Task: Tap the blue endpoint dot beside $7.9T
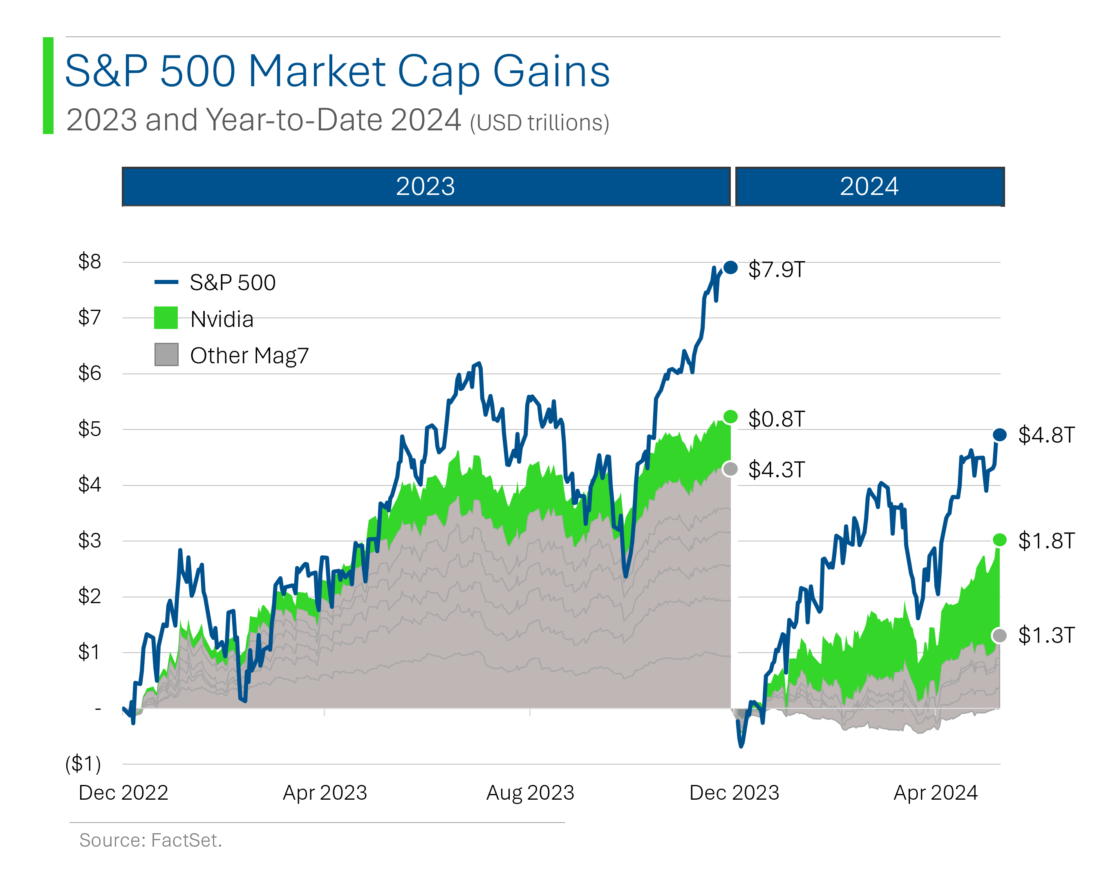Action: [730, 267]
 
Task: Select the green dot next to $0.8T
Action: [730, 417]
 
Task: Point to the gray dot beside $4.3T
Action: [730, 469]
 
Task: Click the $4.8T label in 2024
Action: [1046, 435]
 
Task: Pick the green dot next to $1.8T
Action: [999, 540]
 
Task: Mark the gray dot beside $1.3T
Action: [999, 635]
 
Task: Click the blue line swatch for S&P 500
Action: [166, 282]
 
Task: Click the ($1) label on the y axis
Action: [83, 763]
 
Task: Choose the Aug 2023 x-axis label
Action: [530, 792]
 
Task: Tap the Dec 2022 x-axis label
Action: [123, 792]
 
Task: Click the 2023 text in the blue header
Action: [425, 186]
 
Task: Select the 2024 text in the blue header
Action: [869, 186]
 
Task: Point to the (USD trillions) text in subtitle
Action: [540, 123]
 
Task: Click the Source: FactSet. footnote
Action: [150, 840]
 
